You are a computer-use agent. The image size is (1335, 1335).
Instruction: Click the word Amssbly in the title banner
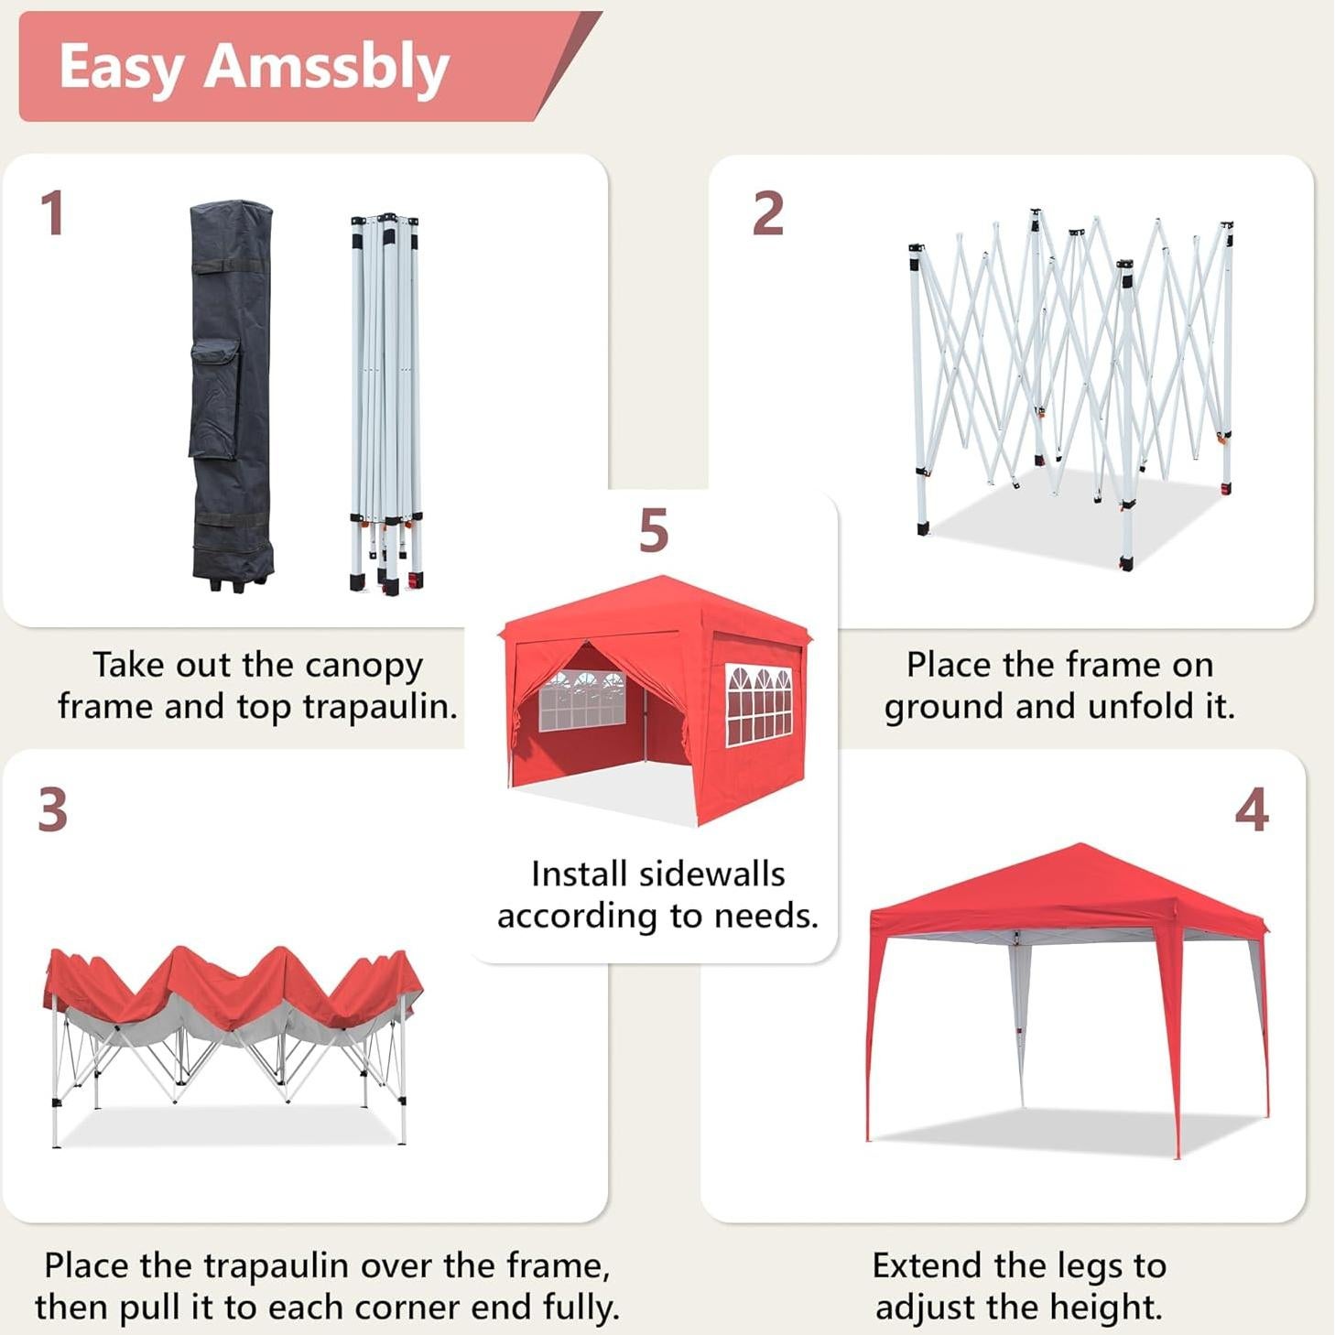pyautogui.click(x=326, y=68)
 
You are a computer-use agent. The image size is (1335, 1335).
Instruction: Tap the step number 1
pyautogui.click(x=52, y=213)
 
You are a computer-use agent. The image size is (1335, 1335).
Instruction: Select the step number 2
pyautogui.click(x=767, y=213)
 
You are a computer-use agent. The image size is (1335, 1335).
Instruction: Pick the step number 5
pyautogui.click(x=653, y=530)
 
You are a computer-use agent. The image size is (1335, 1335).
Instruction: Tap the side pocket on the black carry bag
pyautogui.click(x=214, y=398)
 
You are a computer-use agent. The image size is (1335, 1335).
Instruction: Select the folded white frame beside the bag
pyautogui.click(x=385, y=403)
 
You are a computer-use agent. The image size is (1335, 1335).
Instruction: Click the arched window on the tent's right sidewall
pyautogui.click(x=758, y=703)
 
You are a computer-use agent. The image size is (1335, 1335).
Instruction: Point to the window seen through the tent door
pyautogui.click(x=581, y=700)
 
